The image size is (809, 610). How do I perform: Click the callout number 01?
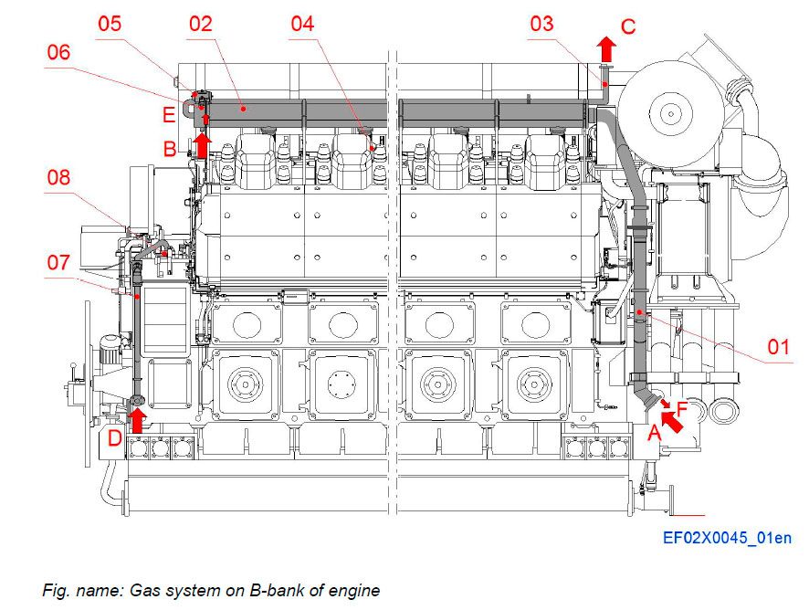[777, 347]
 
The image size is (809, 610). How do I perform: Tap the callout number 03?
[541, 24]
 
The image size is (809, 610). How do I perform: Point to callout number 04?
[302, 24]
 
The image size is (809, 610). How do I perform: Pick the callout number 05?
[110, 24]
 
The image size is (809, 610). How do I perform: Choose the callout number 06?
[58, 54]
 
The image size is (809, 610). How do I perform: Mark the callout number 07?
[58, 264]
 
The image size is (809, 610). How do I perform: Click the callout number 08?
[58, 177]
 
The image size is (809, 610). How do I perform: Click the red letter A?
[653, 435]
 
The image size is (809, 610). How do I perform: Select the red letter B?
[169, 147]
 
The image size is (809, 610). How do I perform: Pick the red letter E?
[169, 115]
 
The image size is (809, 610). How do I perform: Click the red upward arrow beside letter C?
[605, 48]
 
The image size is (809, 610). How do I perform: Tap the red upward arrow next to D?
[138, 420]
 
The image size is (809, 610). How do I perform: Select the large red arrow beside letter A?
[672, 418]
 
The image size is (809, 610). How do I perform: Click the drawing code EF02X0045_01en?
[727, 538]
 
